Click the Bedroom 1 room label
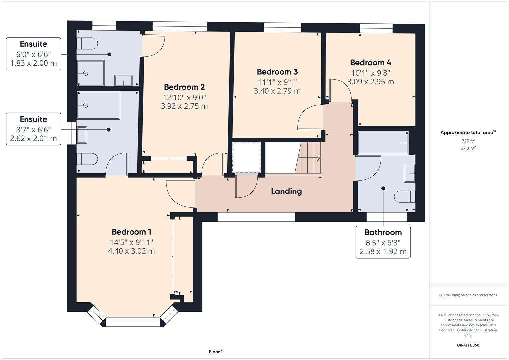tap(131, 232)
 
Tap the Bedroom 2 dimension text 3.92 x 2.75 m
tap(184, 106)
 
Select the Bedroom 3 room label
tap(277, 72)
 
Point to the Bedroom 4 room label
tap(370, 63)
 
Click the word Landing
tap(286, 191)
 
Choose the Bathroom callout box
tap(383, 242)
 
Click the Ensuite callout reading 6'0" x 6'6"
tap(33, 54)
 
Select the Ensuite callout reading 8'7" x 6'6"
tap(33, 129)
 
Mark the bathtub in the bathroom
tap(383, 143)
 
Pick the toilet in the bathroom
tap(405, 197)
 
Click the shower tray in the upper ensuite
tap(90, 73)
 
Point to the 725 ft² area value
tap(468, 141)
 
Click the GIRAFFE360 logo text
tap(468, 345)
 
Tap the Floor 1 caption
tap(216, 352)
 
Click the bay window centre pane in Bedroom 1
tap(133, 322)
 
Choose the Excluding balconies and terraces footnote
tap(468, 295)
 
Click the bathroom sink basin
tap(409, 173)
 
